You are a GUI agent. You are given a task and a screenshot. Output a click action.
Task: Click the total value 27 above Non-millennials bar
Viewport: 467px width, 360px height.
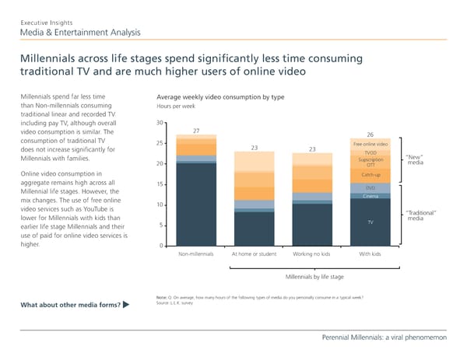(x=197, y=131)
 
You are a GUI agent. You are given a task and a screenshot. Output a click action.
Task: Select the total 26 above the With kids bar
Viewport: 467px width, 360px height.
(x=370, y=134)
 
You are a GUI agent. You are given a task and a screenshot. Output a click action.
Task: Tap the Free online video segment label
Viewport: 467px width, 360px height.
(x=370, y=145)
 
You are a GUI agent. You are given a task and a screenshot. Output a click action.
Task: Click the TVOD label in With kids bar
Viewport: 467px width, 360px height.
(x=370, y=153)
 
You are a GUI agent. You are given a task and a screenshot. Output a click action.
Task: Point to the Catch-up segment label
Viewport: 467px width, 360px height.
(x=370, y=174)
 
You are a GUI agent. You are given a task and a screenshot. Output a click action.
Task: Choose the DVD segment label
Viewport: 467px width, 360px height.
(x=370, y=188)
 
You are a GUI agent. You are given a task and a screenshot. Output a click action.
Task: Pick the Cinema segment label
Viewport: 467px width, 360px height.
(x=370, y=196)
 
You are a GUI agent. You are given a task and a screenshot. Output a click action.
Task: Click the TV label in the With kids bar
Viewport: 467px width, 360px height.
(x=370, y=222)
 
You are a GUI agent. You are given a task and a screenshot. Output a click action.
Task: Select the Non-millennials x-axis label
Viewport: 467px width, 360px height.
(x=197, y=254)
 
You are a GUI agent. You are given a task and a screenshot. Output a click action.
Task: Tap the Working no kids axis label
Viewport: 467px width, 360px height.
(x=311, y=254)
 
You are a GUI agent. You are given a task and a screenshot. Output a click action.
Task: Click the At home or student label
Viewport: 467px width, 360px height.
(x=254, y=254)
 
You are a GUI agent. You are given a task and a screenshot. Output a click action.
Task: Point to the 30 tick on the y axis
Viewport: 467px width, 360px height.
(x=160, y=122)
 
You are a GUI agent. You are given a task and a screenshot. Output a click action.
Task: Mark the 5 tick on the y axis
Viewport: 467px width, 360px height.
(x=161, y=225)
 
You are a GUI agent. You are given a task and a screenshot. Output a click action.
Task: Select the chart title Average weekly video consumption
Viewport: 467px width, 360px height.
(x=220, y=97)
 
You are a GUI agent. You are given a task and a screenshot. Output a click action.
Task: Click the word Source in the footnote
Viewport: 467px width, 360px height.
(x=163, y=302)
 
